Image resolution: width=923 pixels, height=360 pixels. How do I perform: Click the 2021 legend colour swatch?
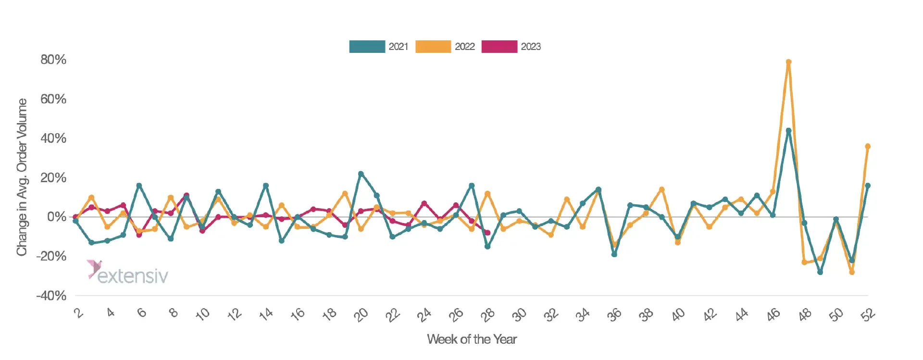[367, 47]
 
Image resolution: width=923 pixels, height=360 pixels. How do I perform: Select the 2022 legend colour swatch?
[433, 47]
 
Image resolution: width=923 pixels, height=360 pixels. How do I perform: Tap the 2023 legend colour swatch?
[499, 47]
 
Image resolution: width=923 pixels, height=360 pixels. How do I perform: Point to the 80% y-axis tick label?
[53, 60]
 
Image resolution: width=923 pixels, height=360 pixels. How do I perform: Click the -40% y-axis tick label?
[51, 296]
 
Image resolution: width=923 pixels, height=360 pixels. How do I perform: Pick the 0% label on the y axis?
[57, 217]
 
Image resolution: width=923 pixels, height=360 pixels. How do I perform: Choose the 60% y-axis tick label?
[53, 99]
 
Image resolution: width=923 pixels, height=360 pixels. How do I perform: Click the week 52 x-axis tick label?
[868, 315]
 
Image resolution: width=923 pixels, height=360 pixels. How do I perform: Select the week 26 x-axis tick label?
[456, 315]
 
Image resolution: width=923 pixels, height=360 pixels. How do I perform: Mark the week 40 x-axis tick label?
[678, 315]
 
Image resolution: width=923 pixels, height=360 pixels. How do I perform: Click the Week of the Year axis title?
[472, 339]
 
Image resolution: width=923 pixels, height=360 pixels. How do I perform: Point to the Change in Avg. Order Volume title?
[22, 177]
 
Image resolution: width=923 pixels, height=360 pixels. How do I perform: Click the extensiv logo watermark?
[128, 273]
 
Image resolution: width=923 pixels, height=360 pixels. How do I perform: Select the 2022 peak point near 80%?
[788, 62]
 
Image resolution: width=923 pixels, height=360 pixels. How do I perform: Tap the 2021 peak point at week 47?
[788, 130]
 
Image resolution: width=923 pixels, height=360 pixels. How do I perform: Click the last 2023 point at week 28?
[487, 233]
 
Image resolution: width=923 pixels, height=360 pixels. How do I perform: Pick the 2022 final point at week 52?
[868, 146]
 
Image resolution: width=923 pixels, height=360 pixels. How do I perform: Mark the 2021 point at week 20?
[361, 174]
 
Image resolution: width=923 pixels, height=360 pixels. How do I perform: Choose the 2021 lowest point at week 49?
[820, 272]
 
